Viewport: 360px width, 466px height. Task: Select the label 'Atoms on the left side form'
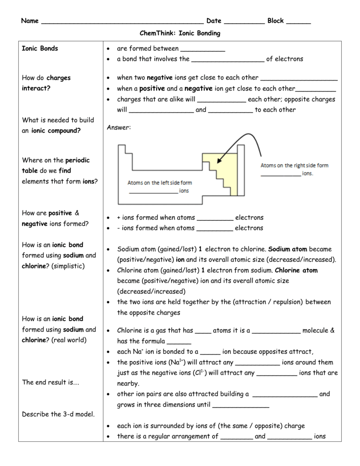(x=159, y=183)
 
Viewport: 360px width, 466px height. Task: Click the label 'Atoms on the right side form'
(x=294, y=166)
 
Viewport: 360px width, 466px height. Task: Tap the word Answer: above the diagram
(x=118, y=128)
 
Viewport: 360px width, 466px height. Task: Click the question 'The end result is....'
(x=51, y=382)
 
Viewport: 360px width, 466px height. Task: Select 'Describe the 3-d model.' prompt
(x=58, y=414)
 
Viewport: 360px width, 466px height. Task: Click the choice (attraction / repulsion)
(x=274, y=302)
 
